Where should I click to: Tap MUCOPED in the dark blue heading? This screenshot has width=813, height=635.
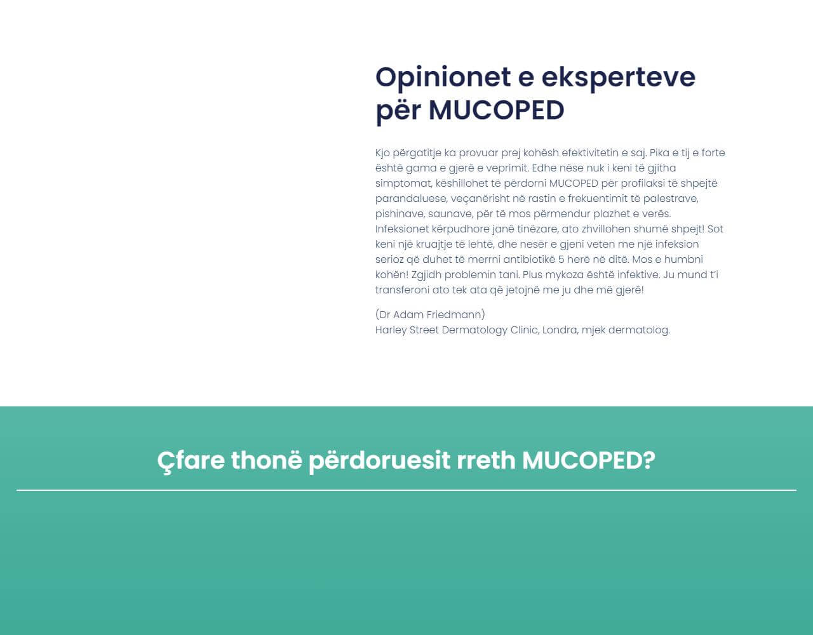pyautogui.click(x=496, y=110)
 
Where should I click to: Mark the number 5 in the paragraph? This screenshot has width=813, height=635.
pyautogui.click(x=561, y=259)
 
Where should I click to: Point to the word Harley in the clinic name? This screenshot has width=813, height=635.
pyautogui.click(x=391, y=330)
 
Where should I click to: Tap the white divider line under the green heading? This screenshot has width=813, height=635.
pyautogui.click(x=406, y=490)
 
